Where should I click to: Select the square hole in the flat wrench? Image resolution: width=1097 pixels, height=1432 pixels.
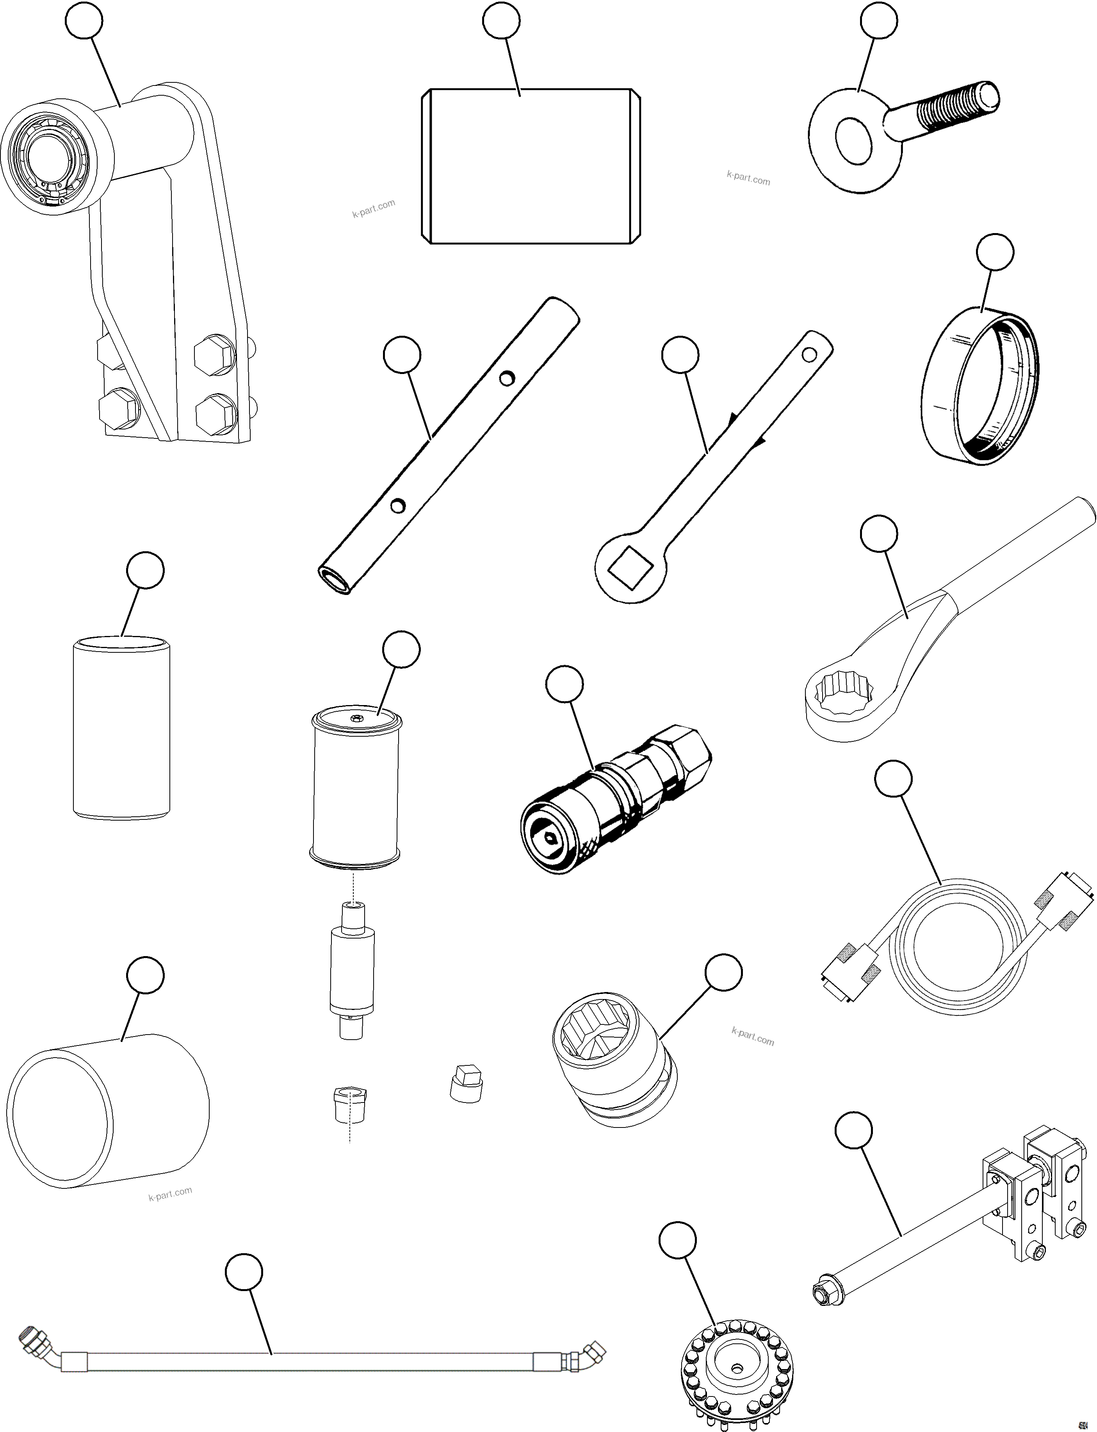point(630,565)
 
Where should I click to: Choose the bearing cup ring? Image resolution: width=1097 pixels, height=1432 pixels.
point(979,385)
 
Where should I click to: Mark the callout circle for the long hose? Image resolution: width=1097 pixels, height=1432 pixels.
point(244,1272)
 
